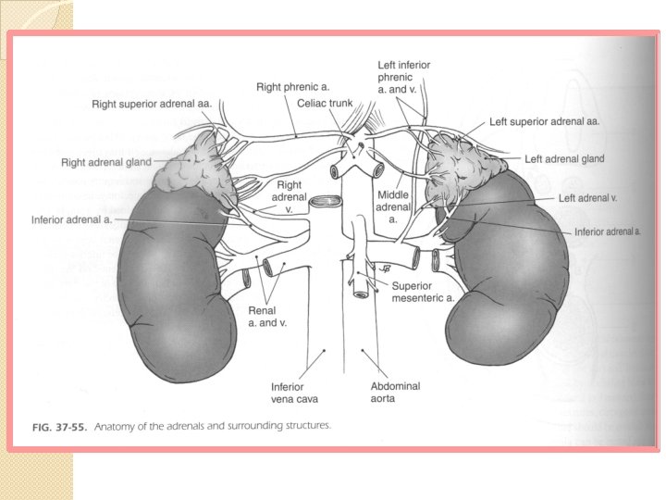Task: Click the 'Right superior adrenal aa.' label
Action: (152, 104)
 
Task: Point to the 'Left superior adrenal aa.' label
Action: (545, 120)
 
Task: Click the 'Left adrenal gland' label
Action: (564, 158)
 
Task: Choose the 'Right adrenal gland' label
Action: (106, 162)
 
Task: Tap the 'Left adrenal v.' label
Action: (587, 197)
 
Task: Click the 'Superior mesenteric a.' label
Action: (423, 293)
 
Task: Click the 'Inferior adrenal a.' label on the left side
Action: (72, 220)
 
